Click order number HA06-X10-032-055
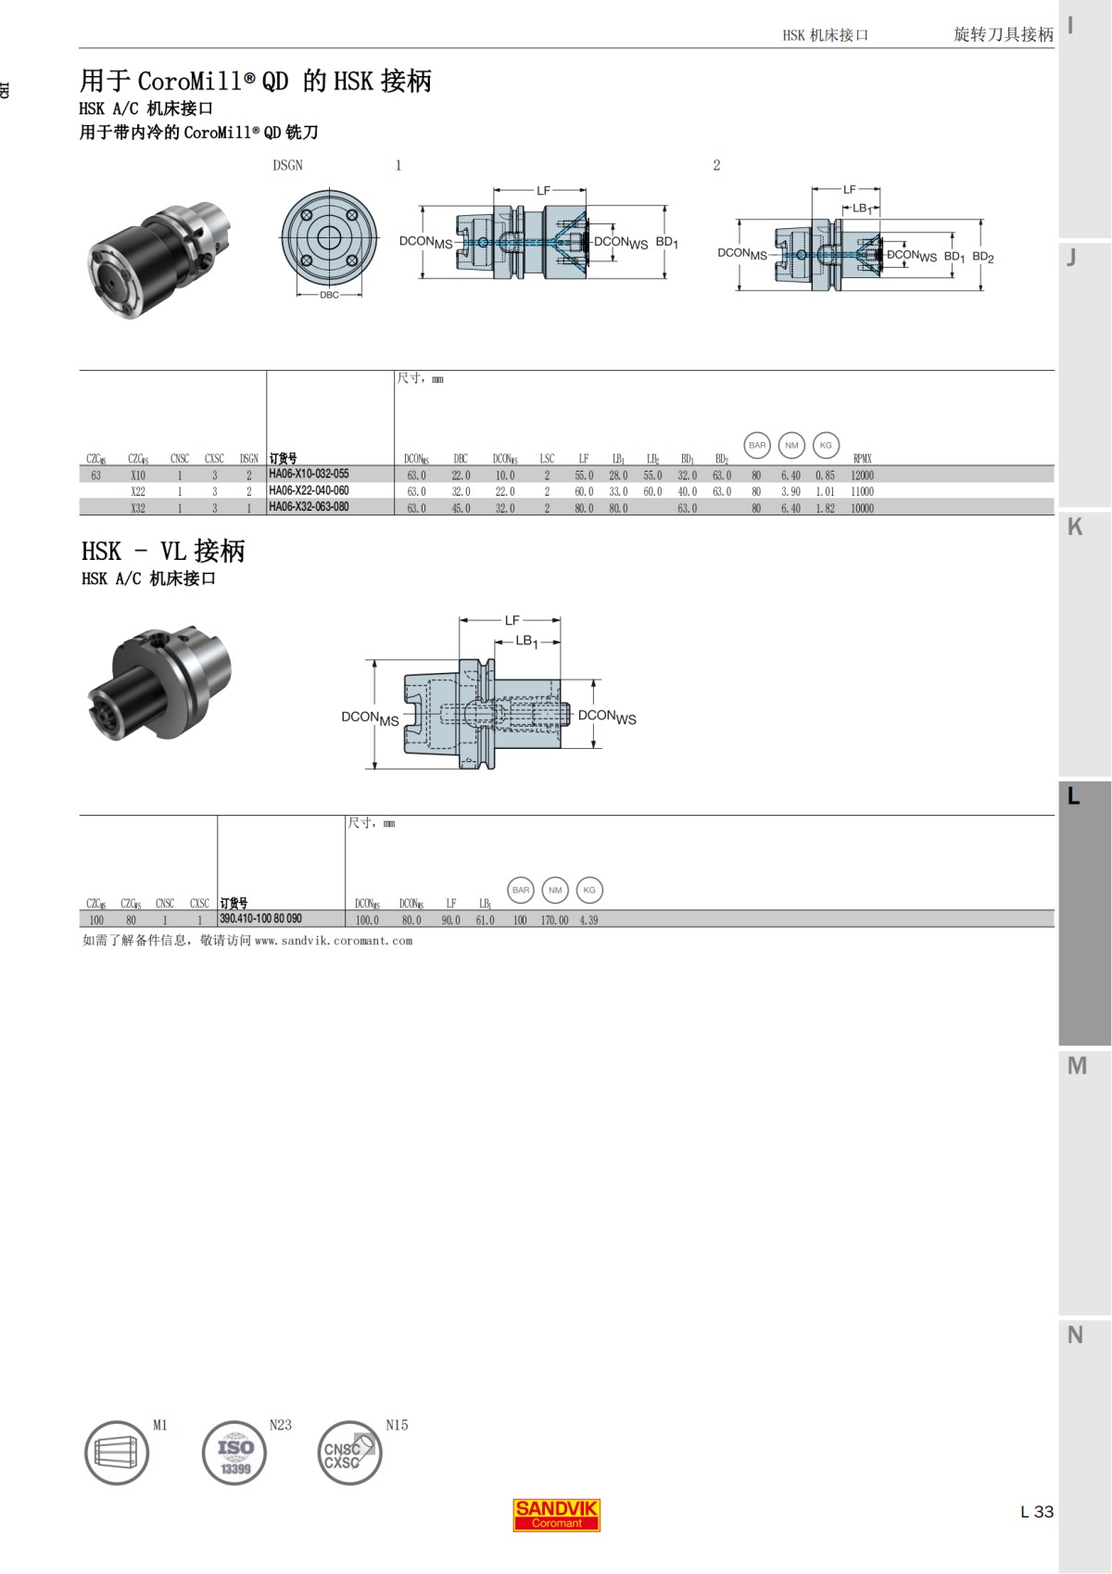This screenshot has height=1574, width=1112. pos(309,474)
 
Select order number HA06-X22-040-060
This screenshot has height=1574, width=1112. pos(309,490)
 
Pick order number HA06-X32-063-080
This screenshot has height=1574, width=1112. pos(309,507)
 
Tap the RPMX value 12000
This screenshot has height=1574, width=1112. pos(862,476)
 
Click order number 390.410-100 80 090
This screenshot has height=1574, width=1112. pos(260,919)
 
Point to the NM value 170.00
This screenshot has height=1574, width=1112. pos(554,920)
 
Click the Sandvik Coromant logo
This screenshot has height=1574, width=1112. pos(556,1515)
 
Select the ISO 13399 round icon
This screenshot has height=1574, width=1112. pos(234,1453)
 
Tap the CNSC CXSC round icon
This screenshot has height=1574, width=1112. pos(349,1453)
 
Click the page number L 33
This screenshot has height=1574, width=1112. pos(1036,1512)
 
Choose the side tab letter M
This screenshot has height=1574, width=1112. pos(1076,1066)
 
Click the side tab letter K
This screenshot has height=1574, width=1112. pos(1075,527)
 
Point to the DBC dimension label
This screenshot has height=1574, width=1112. pos(329,295)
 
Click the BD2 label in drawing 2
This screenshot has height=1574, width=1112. pos(982,257)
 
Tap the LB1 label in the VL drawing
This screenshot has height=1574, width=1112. pos(525,641)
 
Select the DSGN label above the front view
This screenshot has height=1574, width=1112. pos(287,165)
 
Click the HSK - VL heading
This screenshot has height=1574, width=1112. pos(163,551)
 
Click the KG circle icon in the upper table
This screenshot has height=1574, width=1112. pos(826,445)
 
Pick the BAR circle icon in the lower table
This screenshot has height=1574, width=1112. pos(521,890)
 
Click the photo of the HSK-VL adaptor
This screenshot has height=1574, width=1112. pos(158,683)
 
